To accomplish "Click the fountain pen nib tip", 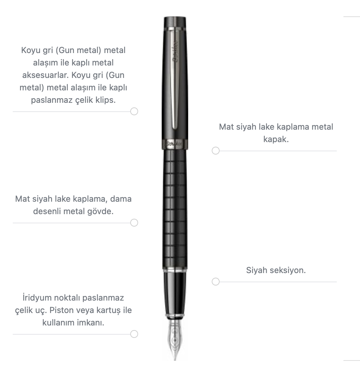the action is coord(175,360).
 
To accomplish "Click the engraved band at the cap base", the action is coord(175,144).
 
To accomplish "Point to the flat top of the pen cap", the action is coord(175,18).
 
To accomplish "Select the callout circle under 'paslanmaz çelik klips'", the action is coord(134,111).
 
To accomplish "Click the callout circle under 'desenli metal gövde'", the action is coord(134,223).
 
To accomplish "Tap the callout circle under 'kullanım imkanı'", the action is coord(134,334).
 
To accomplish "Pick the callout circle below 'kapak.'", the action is coord(216,151).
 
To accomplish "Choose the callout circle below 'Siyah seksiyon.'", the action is coord(216,282).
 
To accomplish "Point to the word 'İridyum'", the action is coord(37,298).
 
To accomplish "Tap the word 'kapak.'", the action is coord(276,139).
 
